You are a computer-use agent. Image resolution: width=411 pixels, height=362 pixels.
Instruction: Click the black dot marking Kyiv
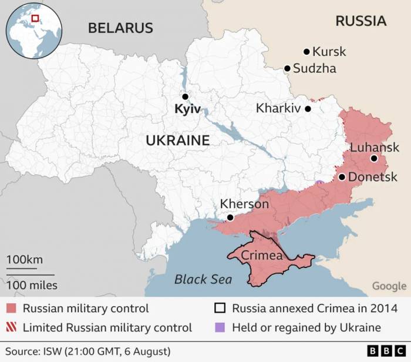click(x=185, y=96)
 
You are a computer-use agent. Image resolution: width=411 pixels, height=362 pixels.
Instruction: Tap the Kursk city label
click(x=329, y=52)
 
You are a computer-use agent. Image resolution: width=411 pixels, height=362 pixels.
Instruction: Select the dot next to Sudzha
click(x=287, y=69)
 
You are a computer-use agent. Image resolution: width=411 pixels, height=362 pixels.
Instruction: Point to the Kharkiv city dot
click(x=308, y=109)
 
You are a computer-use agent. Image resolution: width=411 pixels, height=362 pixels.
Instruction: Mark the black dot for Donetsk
click(x=342, y=177)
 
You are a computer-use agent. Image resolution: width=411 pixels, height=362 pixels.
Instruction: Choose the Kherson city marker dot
click(x=230, y=217)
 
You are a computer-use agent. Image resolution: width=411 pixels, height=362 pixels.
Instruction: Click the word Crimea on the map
click(x=262, y=256)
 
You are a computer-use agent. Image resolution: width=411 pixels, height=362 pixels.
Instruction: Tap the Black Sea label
click(x=203, y=279)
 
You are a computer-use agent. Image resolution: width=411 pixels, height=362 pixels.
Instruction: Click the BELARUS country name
click(x=120, y=28)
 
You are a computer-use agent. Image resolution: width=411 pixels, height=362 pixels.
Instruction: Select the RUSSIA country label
click(x=361, y=21)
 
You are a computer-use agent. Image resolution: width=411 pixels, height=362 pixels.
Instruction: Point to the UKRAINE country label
click(x=177, y=140)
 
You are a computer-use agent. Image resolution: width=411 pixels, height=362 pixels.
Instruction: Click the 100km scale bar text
click(x=25, y=260)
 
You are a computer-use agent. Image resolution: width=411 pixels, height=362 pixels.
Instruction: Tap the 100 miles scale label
click(x=32, y=285)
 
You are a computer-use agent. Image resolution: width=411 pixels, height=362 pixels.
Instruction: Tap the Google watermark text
click(x=389, y=286)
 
